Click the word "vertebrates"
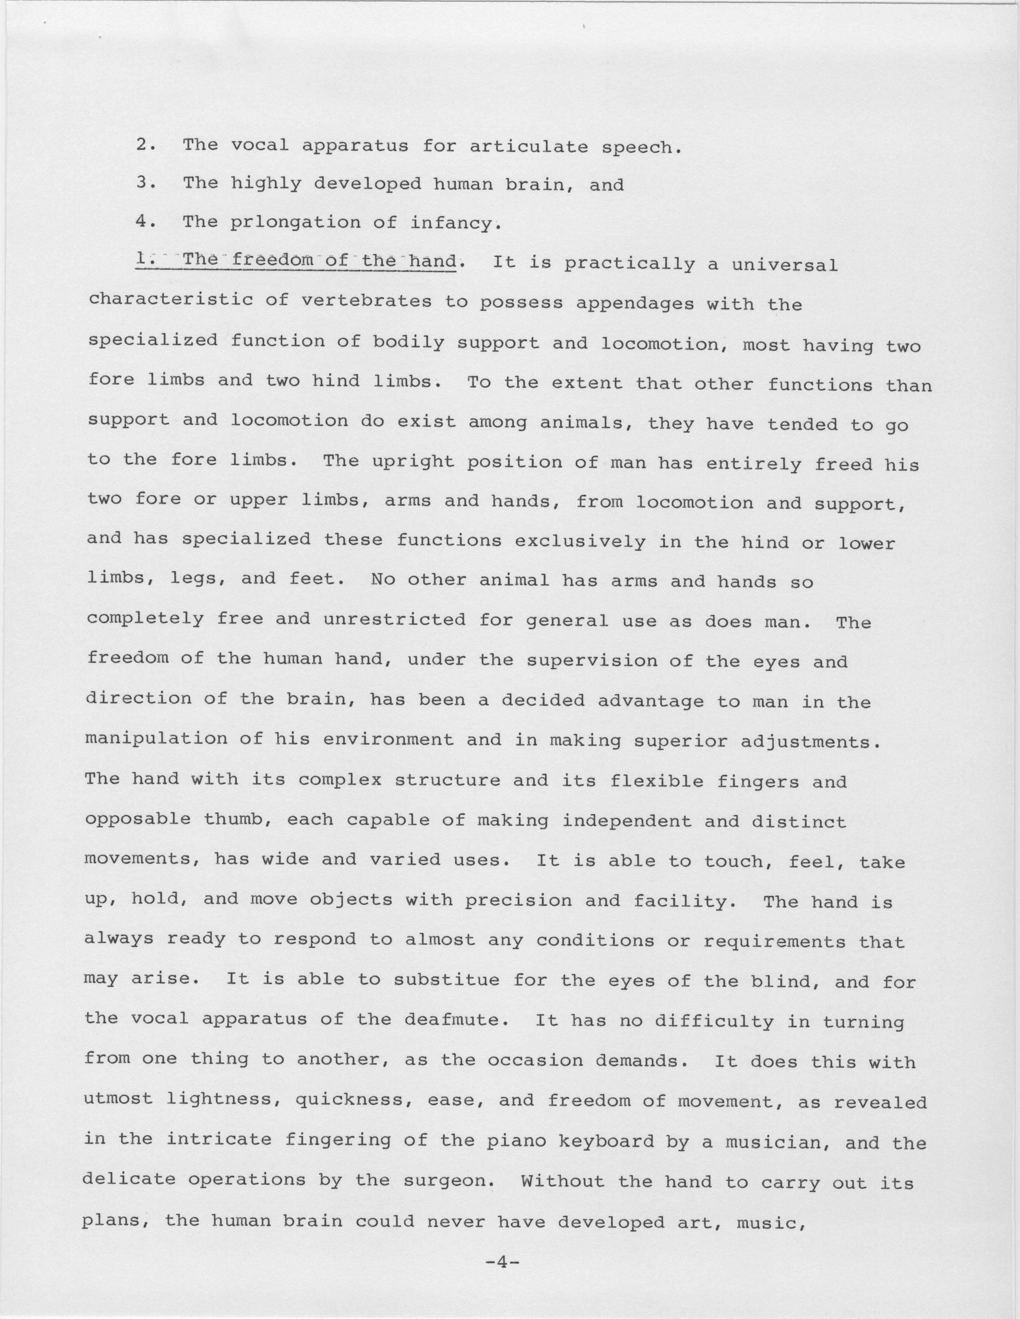pos(366,301)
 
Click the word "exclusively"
pos(580,542)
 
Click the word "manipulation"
pos(156,739)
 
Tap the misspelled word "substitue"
pos(446,980)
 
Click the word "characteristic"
pos(170,300)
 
